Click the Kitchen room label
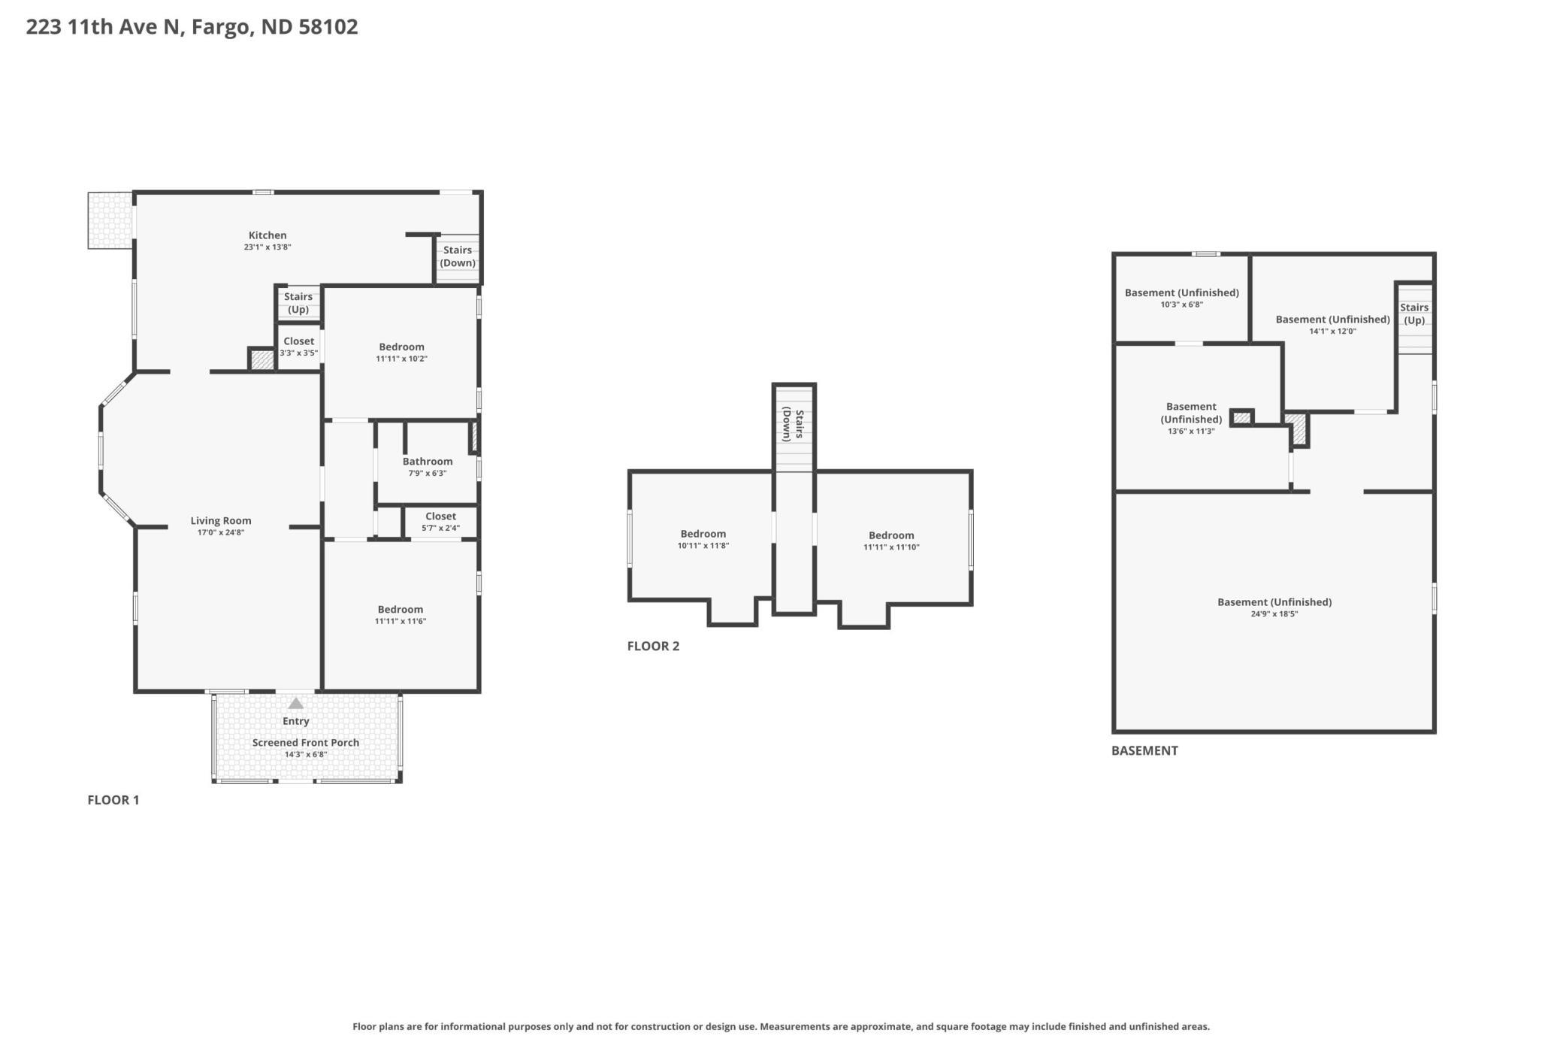point(268,235)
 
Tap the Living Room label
point(221,520)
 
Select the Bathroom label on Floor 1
point(428,462)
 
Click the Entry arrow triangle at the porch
point(296,703)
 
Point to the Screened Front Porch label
point(306,742)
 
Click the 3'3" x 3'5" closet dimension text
point(299,353)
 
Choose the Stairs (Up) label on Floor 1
point(298,303)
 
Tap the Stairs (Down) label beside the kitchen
point(458,256)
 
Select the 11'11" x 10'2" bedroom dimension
point(401,359)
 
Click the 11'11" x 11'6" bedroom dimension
point(401,621)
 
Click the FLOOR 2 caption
point(653,646)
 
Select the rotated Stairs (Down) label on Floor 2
point(794,424)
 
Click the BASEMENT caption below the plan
point(1144,750)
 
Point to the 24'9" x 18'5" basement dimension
point(1274,613)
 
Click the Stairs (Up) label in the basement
point(1414,314)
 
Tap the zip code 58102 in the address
point(328,27)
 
